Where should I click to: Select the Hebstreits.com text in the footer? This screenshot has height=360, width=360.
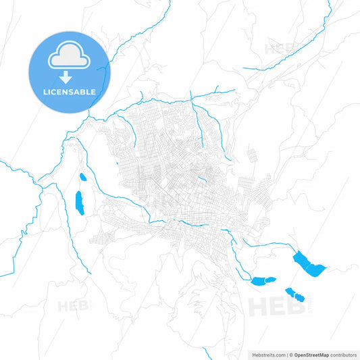(266, 354)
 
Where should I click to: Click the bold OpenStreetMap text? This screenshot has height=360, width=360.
(311, 354)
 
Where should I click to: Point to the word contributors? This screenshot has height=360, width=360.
(343, 354)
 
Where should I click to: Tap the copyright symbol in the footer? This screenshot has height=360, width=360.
(291, 354)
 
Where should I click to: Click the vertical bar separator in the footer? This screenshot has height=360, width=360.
(286, 354)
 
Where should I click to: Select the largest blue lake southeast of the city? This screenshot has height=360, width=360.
(309, 263)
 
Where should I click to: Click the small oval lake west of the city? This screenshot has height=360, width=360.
(83, 178)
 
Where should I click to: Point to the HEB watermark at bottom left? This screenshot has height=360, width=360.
(74, 306)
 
